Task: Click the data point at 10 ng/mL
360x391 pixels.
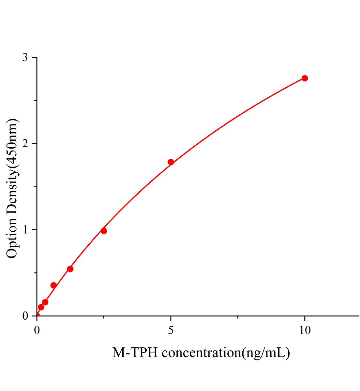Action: (305, 78)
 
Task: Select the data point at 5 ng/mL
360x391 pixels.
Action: (171, 162)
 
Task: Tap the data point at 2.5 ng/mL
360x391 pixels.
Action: (104, 231)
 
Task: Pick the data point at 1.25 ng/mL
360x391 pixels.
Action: (70, 269)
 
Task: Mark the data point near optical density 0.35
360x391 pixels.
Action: (53, 285)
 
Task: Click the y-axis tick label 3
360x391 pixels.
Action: (25, 58)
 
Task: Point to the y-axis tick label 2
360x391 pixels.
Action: (25, 144)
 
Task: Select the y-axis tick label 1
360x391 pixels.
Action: (25, 230)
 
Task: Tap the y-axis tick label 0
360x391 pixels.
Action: (25, 316)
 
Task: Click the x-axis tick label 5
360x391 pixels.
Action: (171, 331)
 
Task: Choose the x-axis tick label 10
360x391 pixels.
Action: (305, 331)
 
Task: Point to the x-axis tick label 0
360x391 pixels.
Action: (37, 331)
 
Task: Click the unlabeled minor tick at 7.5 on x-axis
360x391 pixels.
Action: (238, 317)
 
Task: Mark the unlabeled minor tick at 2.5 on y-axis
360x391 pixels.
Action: (36, 101)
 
